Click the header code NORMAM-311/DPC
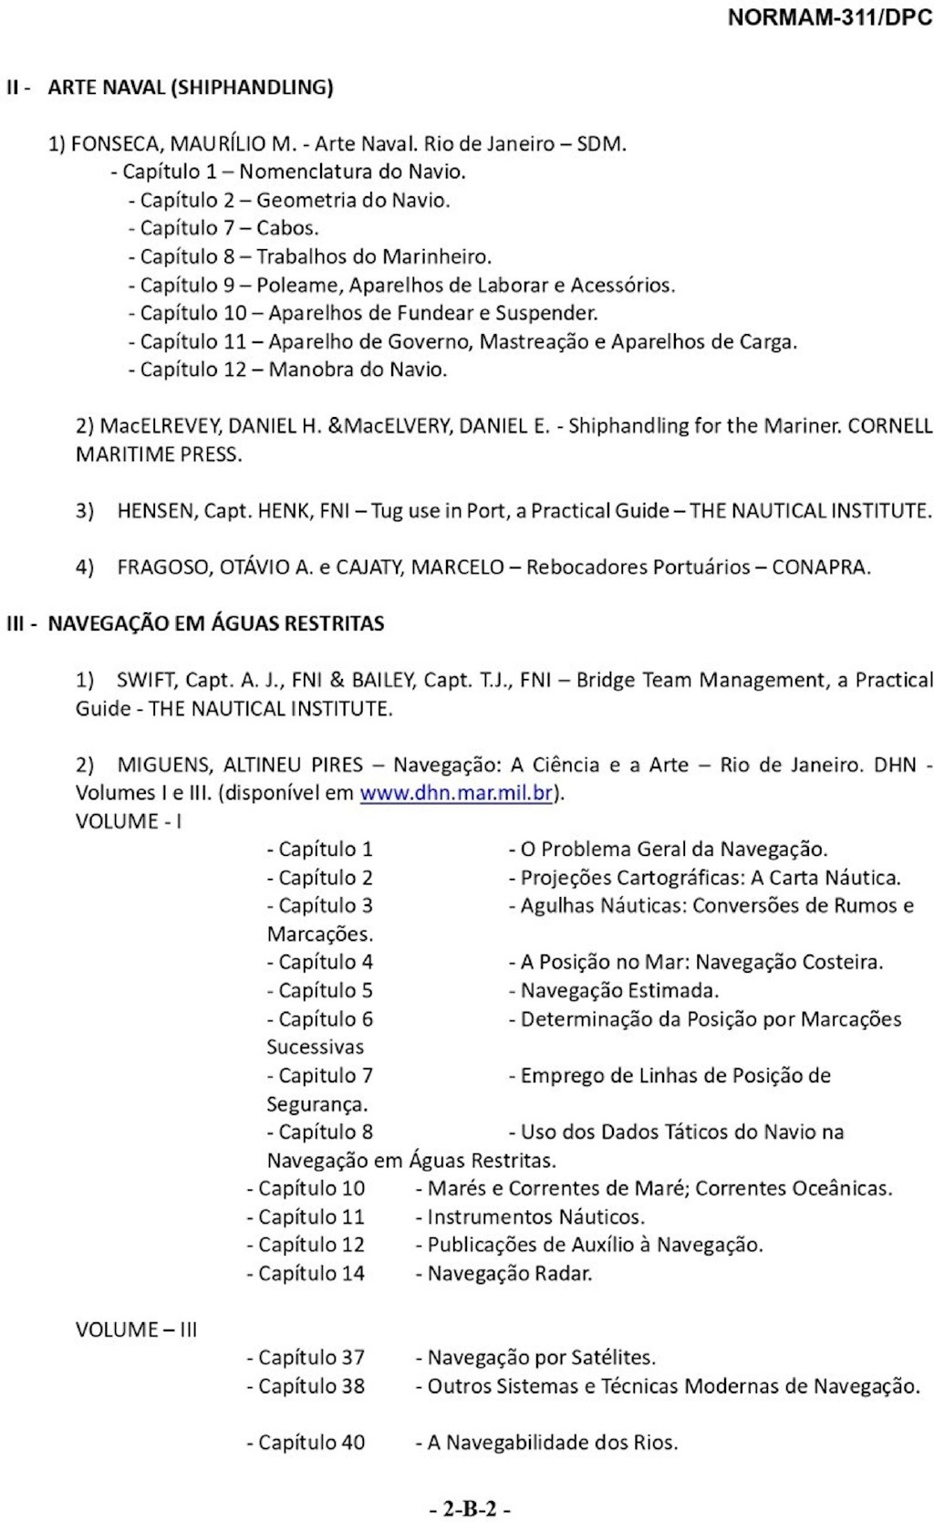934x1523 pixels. click(829, 19)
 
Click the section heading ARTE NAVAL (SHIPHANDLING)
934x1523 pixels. click(190, 88)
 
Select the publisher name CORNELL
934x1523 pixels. click(889, 425)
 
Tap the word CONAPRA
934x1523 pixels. click(820, 567)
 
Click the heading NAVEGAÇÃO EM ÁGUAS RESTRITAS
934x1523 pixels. click(215, 624)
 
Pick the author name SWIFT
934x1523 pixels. click(146, 680)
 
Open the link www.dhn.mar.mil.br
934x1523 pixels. click(456, 792)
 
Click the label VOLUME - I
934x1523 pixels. click(129, 820)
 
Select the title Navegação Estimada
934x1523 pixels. click(619, 990)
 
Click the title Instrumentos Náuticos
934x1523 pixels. click(535, 1216)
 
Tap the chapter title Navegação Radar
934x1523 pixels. click(510, 1273)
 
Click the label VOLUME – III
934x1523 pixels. click(136, 1330)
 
